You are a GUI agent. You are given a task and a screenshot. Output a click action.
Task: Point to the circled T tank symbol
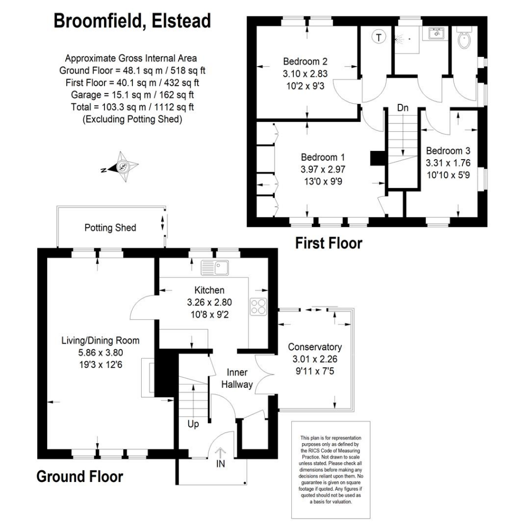click(x=379, y=37)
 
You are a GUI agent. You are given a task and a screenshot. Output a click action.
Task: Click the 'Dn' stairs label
click(x=403, y=108)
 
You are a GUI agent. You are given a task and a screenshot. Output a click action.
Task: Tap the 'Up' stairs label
click(x=193, y=424)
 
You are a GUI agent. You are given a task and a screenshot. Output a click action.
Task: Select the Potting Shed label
click(x=110, y=227)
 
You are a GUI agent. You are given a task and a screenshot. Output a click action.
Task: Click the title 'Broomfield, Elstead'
click(x=132, y=21)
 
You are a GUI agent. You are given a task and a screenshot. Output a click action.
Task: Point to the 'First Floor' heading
click(x=328, y=243)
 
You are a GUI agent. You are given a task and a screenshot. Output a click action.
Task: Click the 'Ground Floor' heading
click(x=80, y=476)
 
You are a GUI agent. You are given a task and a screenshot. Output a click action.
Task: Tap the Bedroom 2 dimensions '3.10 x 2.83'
click(x=309, y=73)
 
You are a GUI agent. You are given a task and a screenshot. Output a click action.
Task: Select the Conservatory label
click(x=315, y=347)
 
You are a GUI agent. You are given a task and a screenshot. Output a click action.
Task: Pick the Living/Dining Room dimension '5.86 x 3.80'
click(x=100, y=352)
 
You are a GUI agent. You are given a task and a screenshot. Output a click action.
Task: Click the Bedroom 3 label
click(x=448, y=151)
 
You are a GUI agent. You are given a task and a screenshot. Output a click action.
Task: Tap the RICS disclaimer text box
click(x=331, y=469)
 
